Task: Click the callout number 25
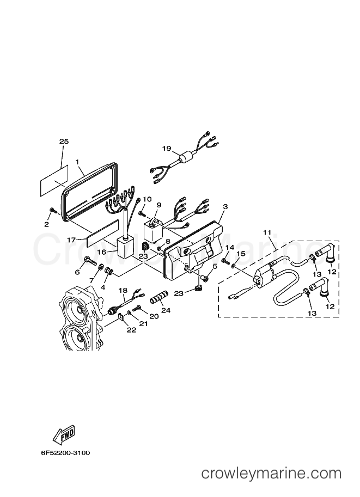[64, 142]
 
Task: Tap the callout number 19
[167, 149]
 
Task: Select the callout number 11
[267, 232]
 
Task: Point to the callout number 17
[71, 240]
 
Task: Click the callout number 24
[166, 310]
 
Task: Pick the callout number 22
[132, 330]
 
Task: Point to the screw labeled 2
[53, 210]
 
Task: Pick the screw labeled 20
[138, 307]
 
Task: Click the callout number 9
[158, 205]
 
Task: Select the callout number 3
[225, 207]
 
